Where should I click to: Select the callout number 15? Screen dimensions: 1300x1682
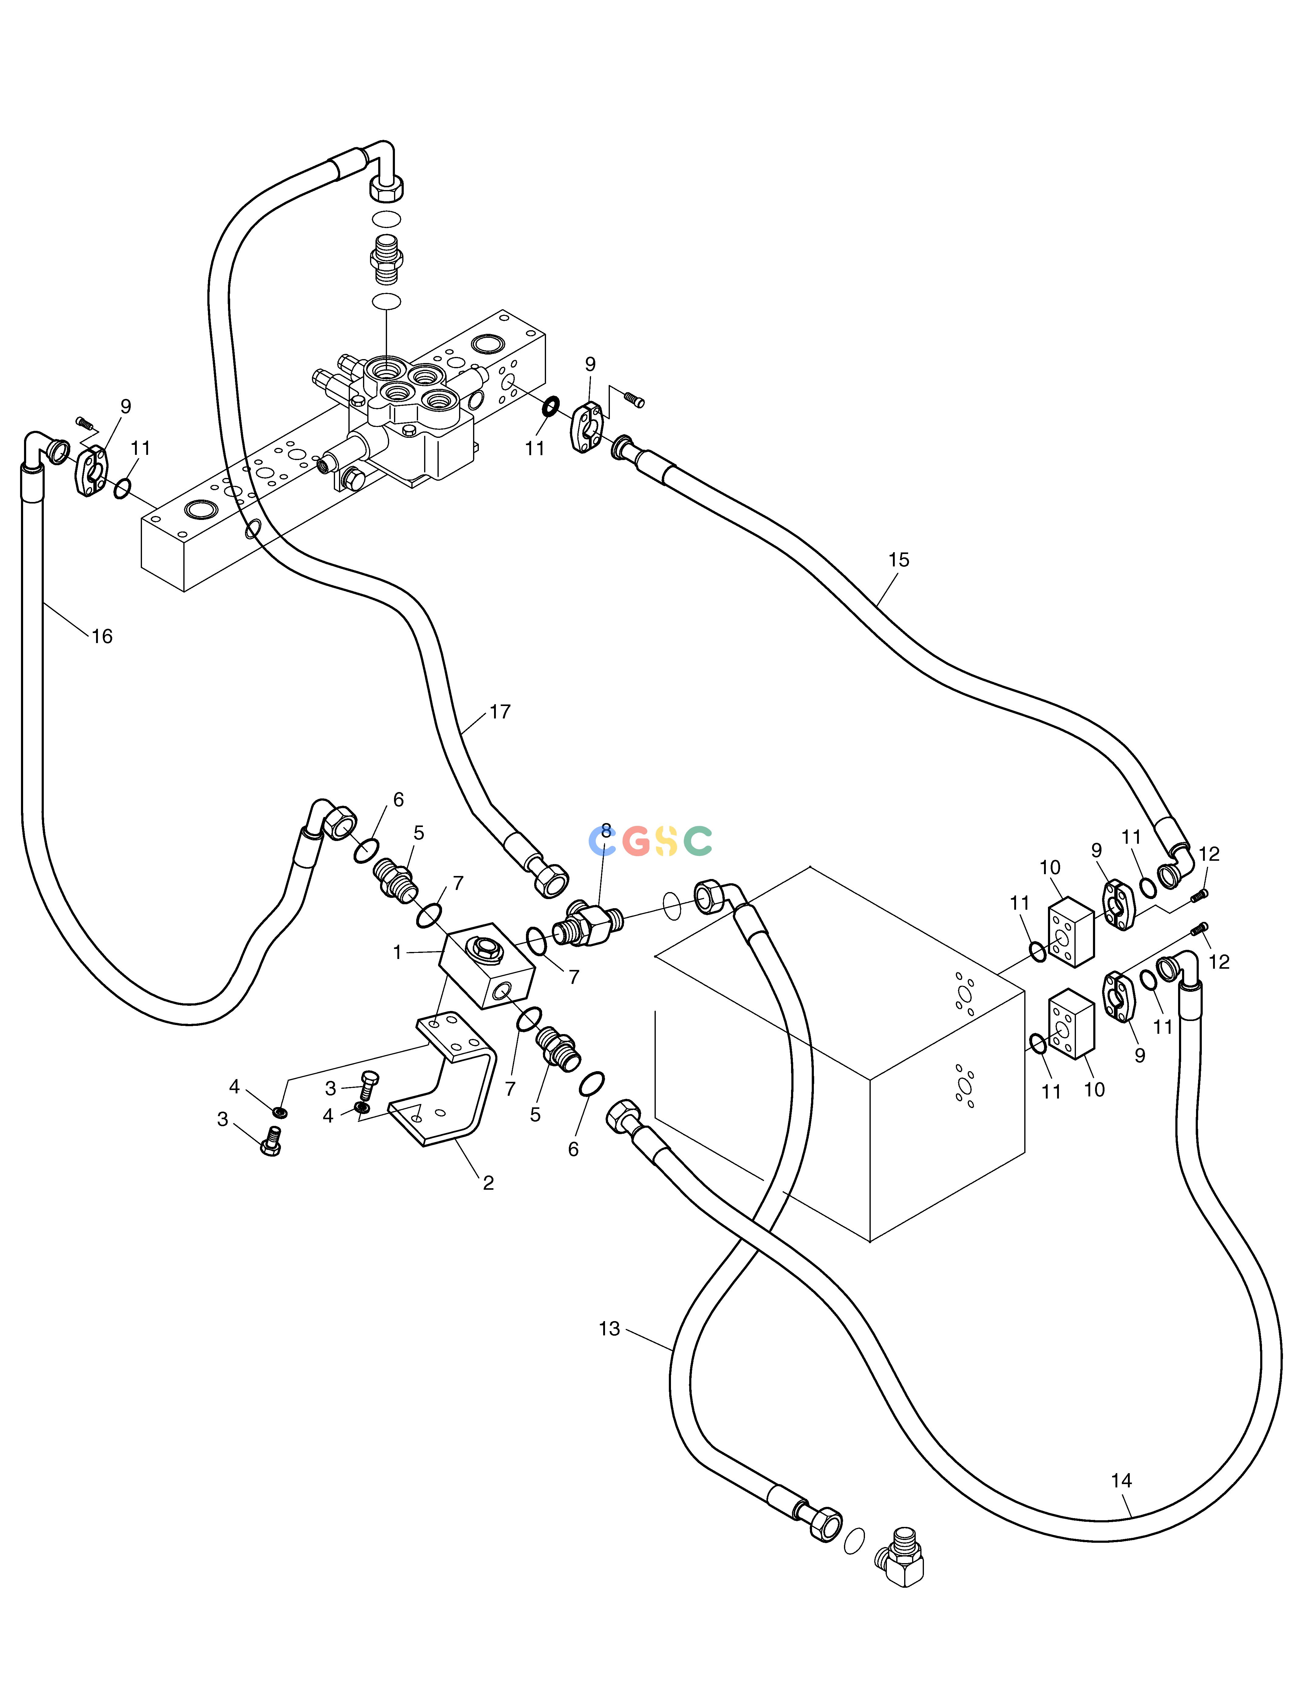click(899, 560)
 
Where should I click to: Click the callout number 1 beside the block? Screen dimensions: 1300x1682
click(397, 953)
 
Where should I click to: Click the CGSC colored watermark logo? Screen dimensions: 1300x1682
click(650, 841)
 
